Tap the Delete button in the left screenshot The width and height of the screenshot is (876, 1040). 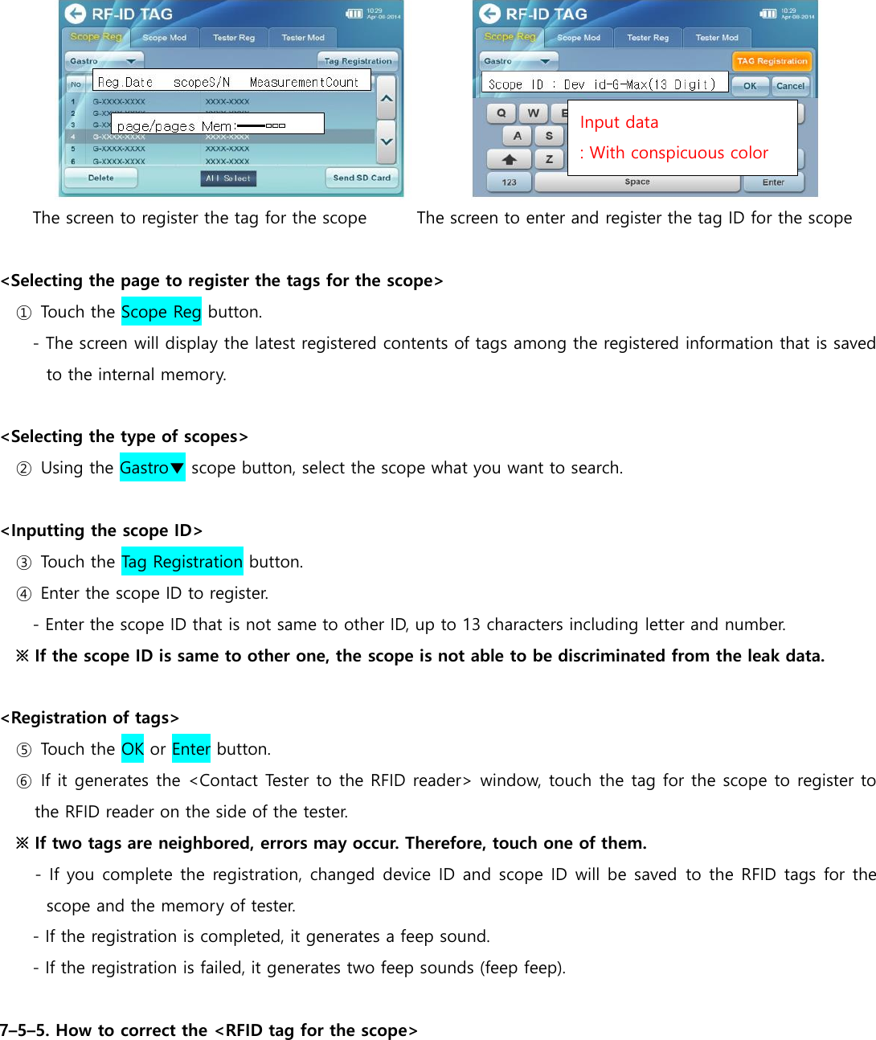point(101,178)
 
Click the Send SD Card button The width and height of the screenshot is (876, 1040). point(362,178)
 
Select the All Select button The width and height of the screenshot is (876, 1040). point(228,178)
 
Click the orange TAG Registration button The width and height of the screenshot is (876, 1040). point(772,61)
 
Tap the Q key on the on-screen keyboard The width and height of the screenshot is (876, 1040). point(501,113)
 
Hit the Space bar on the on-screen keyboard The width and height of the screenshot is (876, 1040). point(637,182)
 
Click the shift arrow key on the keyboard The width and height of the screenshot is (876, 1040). point(509,159)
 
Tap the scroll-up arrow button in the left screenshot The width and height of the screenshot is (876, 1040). point(387,98)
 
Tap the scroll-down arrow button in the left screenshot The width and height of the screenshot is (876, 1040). point(387,141)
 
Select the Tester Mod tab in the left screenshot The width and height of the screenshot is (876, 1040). point(303,38)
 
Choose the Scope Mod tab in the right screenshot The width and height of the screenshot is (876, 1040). point(579,38)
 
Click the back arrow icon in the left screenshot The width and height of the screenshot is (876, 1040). point(76,14)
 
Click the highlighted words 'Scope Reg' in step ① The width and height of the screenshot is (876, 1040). point(161,312)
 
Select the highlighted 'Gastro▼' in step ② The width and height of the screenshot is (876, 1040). point(152,468)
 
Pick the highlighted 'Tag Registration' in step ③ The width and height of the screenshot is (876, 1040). point(182,562)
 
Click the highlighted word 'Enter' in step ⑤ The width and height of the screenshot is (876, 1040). point(190,749)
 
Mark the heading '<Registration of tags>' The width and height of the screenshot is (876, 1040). point(90,718)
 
